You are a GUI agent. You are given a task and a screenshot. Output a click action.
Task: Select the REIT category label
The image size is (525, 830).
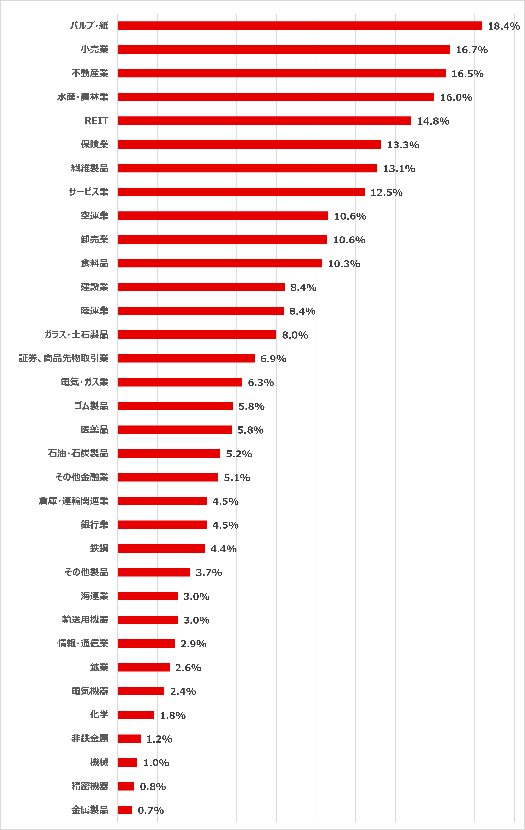tap(97, 121)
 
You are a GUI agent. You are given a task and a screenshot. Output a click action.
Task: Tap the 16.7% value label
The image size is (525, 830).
tap(472, 50)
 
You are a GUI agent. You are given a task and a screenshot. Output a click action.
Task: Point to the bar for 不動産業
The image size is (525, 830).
tap(281, 73)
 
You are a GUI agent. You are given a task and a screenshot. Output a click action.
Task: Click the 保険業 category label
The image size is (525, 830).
tap(94, 144)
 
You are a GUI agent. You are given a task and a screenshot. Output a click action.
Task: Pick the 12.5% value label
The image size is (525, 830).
tap(386, 192)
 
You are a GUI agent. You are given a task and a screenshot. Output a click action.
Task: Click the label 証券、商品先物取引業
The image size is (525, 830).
tap(64, 358)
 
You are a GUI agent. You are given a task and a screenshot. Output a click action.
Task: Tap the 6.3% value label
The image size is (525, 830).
tap(261, 383)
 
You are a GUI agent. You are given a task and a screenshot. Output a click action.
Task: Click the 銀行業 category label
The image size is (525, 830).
tap(94, 525)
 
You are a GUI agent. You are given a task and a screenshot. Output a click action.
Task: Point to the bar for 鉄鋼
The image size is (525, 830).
tap(161, 548)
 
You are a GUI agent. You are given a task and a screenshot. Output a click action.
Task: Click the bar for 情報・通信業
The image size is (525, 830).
tap(146, 644)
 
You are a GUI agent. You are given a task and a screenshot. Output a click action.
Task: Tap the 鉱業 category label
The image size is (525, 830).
tap(99, 667)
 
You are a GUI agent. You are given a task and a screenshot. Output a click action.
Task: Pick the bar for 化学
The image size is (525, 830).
tap(136, 715)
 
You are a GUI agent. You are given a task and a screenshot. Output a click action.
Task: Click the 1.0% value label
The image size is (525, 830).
tap(156, 763)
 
